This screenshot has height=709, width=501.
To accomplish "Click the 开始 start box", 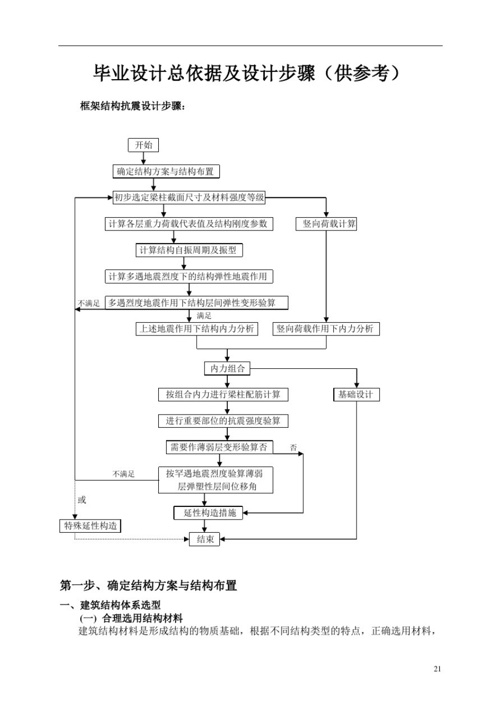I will point(143,145).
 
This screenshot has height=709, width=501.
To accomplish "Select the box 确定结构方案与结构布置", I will point(166,171).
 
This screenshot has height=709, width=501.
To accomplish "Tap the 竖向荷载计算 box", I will point(326,224).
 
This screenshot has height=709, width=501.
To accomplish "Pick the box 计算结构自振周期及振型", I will point(189,250).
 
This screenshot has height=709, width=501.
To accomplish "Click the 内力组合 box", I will point(227,368).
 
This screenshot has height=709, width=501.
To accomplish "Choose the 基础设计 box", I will point(356,395).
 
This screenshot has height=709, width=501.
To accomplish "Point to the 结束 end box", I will point(205,539).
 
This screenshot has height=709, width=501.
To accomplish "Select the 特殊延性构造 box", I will point(90,526).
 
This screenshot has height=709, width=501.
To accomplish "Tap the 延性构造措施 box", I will point(208,513).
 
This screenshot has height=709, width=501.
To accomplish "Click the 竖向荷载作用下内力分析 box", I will point(326,329).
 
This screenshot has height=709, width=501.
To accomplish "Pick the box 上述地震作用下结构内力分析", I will point(197,329).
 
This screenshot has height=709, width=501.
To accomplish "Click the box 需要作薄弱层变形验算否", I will point(219,447).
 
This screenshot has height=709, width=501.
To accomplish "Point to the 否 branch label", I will point(293,448).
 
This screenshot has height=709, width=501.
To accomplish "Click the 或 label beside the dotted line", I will point(82,500).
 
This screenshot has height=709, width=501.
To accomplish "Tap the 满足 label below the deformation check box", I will point(204,315).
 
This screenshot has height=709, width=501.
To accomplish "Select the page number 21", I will point(437,669).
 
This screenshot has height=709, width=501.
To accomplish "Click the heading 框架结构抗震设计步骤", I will point(132,106).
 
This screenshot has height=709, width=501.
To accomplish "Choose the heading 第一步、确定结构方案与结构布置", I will point(148,586).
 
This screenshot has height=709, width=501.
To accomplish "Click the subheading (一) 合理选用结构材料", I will point(131,618).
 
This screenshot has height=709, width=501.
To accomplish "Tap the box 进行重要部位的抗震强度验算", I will point(223,421).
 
